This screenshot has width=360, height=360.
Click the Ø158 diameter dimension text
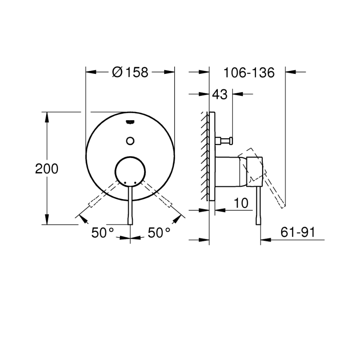130,72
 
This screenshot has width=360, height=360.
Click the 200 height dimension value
46,168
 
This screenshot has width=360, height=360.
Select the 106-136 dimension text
249,73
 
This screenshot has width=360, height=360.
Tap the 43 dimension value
220,95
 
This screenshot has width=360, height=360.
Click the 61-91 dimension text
297,233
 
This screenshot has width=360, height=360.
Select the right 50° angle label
159,233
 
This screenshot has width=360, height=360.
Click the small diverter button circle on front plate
130,140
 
